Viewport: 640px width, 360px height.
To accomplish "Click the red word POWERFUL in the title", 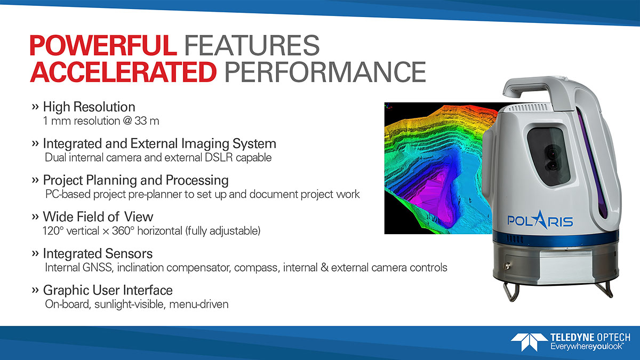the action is (x=103, y=45).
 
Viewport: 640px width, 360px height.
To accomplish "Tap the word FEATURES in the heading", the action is (x=252, y=45).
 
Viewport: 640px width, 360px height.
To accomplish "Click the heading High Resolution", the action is (x=89, y=107).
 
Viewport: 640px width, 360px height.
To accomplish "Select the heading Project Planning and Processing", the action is (x=135, y=180).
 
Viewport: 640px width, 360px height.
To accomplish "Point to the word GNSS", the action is (x=97, y=267).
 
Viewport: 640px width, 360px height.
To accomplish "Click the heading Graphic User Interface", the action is (x=108, y=290).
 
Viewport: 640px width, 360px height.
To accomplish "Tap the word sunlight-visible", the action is (x=130, y=305).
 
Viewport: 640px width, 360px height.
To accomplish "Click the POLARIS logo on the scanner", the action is (x=540, y=221).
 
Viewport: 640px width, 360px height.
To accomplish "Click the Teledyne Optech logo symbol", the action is (x=529, y=342).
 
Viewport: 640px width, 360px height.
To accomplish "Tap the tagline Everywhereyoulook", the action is (x=587, y=347).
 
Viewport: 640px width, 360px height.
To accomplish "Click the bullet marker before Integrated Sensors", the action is (x=35, y=253).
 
